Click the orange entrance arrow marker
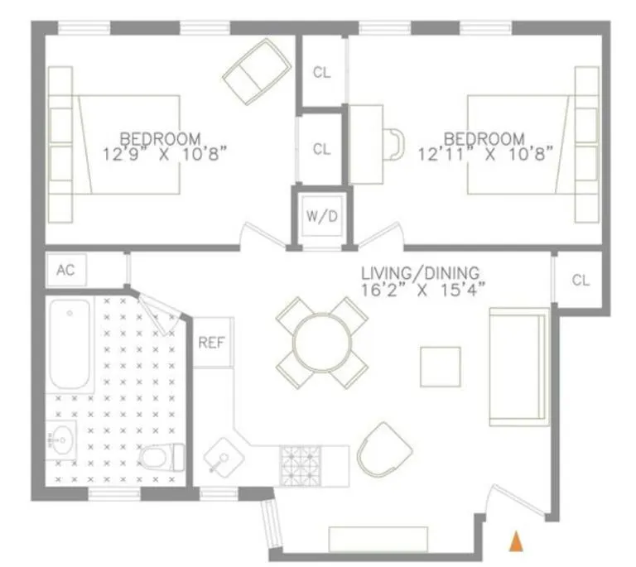[515, 541]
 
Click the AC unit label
[65, 270]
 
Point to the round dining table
[321, 342]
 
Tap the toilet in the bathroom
[162, 456]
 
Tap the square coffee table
[440, 367]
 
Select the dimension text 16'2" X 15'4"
[422, 289]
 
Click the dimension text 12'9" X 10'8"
[164, 153]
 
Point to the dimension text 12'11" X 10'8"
[486, 153]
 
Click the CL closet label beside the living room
[581, 281]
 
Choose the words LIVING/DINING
[421, 273]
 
